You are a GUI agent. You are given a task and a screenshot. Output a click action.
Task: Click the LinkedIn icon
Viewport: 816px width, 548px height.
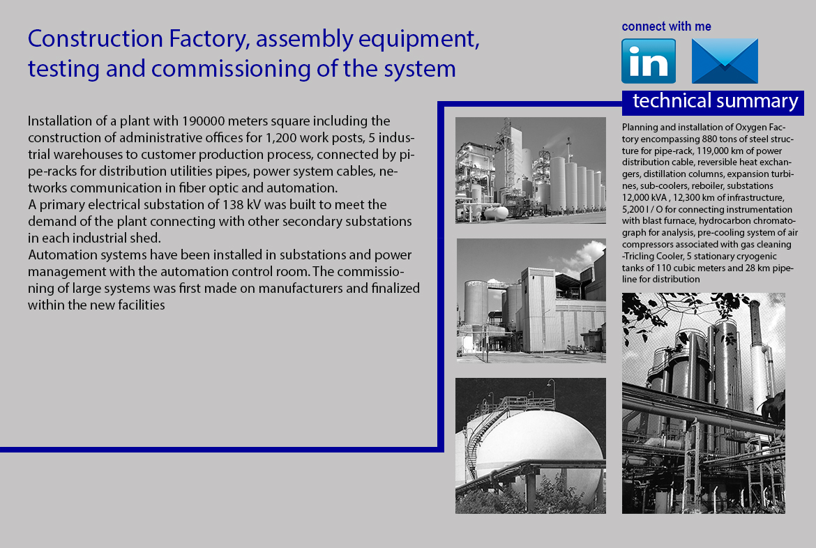click(649, 61)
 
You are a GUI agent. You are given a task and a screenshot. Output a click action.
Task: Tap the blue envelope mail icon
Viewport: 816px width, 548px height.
click(725, 61)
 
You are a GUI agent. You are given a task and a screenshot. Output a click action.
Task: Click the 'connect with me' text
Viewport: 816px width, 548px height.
click(666, 26)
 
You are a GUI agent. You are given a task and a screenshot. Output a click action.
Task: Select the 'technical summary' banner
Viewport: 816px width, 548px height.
click(713, 102)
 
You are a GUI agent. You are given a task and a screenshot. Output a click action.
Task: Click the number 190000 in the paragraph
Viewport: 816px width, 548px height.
click(203, 121)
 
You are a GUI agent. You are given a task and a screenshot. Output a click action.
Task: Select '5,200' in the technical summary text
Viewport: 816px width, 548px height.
click(635, 209)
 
